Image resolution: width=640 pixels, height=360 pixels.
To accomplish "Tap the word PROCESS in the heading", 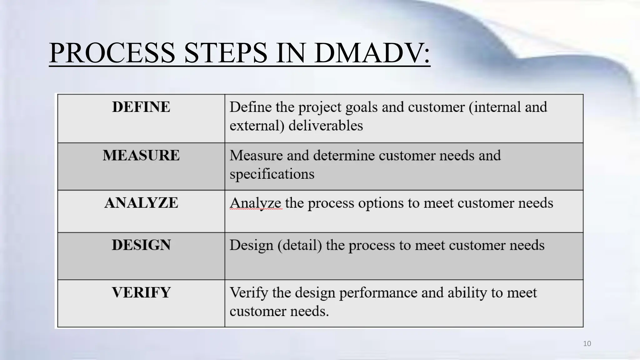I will pos(112,53).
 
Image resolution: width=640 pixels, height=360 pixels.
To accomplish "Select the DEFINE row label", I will pos(141,107).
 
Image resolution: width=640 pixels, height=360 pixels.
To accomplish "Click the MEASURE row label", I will pos(141,155).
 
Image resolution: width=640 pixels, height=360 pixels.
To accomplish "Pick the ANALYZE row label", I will pos(141,203).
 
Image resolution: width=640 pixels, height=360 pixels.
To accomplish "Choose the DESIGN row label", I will pos(141,245).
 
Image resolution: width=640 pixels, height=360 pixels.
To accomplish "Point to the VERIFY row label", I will pos(141,292).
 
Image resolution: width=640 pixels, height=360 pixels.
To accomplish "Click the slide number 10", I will pos(587,344).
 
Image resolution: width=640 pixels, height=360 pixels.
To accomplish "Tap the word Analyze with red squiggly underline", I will pos(255,203).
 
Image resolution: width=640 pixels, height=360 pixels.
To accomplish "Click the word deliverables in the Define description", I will pos(325,126).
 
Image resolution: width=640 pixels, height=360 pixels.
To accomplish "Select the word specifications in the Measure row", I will pos(272,174).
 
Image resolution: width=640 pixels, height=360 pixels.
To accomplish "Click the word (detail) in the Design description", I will pos(300,245).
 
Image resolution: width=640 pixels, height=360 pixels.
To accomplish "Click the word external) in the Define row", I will pos(257,126).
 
